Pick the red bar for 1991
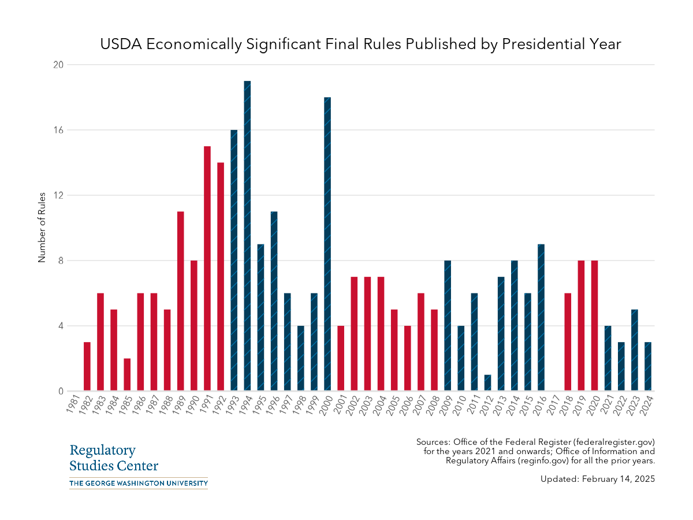click(207, 269)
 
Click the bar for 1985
click(127, 374)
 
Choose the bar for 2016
click(541, 318)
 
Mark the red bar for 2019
click(581, 326)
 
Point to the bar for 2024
click(648, 366)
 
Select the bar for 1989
click(181, 301)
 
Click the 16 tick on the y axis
click(58, 130)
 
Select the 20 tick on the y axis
click(58, 65)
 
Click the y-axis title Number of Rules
click(42, 228)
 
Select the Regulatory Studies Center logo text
click(114, 458)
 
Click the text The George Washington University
click(138, 483)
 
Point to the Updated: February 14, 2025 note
click(598, 479)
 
